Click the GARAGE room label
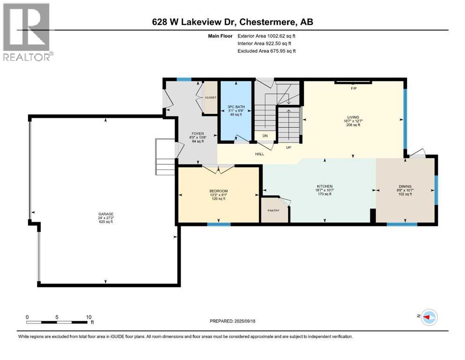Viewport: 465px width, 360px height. [105, 214]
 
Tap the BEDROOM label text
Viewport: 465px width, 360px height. [218, 191]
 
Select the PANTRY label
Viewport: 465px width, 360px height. [273, 210]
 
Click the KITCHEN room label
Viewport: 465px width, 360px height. [324, 187]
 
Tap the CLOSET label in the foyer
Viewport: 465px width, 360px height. [211, 97]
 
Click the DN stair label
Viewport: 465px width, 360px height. [265, 136]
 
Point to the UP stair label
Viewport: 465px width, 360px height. [289, 147]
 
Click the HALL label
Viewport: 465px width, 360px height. [259, 154]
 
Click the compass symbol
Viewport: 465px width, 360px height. [428, 317]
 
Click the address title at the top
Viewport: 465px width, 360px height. [232, 22]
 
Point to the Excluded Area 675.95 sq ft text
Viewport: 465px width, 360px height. [266, 51]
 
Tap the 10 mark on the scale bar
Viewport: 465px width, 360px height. [89, 317]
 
